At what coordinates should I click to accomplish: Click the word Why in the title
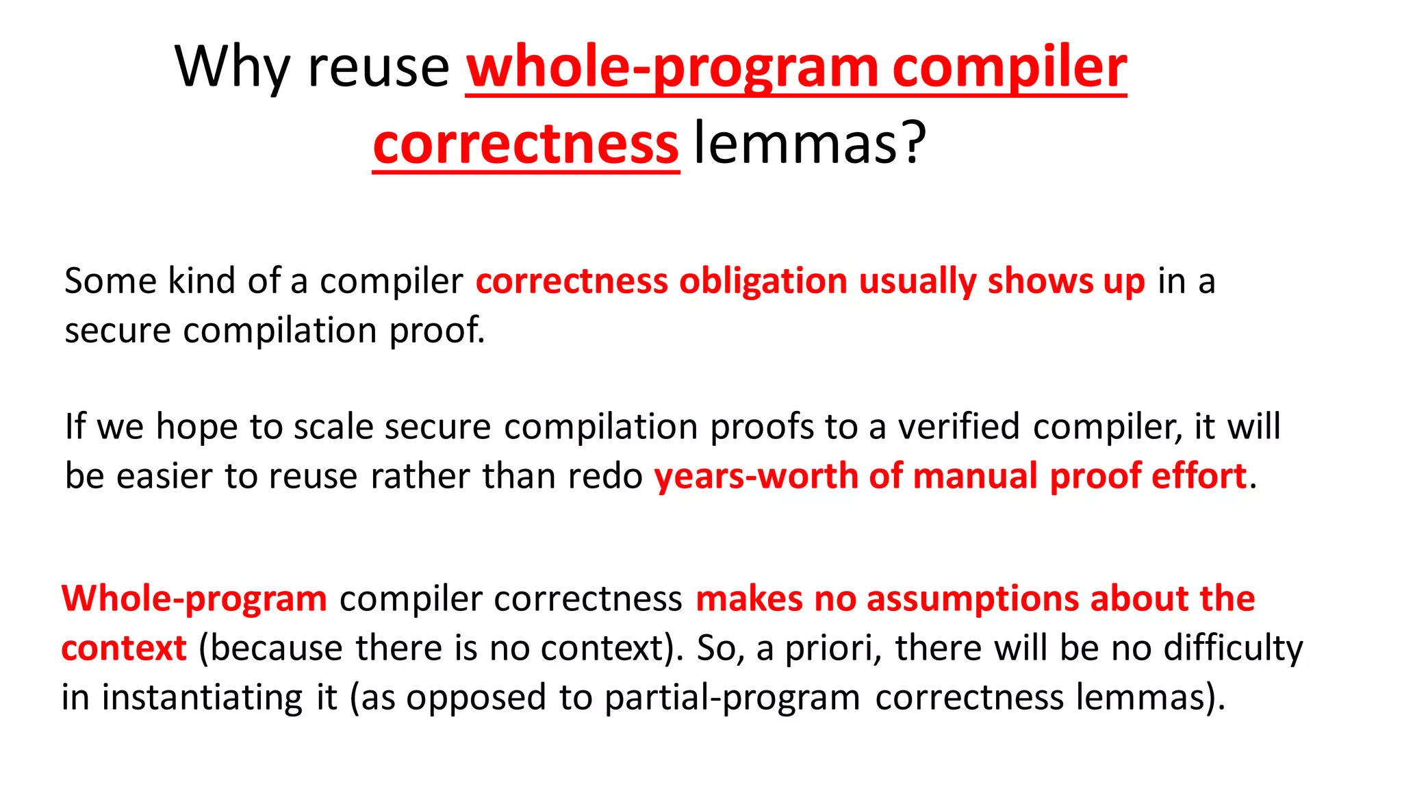[x=233, y=68]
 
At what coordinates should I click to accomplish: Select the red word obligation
[x=763, y=281]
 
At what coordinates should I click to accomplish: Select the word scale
[x=333, y=427]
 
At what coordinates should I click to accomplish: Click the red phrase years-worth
[x=756, y=477]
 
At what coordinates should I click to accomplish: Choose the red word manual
[x=975, y=477]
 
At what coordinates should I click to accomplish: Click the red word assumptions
[x=973, y=599]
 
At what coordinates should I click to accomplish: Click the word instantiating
[x=202, y=698]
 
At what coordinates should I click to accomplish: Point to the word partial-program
[x=732, y=698]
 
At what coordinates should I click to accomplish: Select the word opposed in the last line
[x=476, y=698]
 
